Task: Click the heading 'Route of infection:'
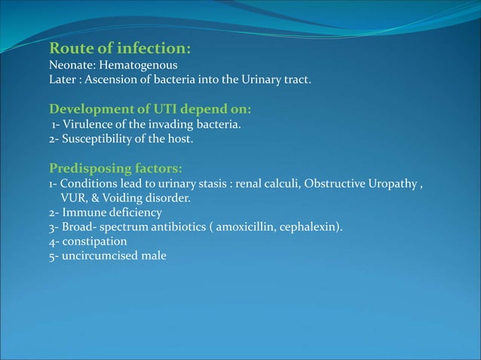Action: point(119,50)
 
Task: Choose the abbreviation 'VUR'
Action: point(71,199)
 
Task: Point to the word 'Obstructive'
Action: point(332,185)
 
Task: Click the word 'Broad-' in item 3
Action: point(78,227)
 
